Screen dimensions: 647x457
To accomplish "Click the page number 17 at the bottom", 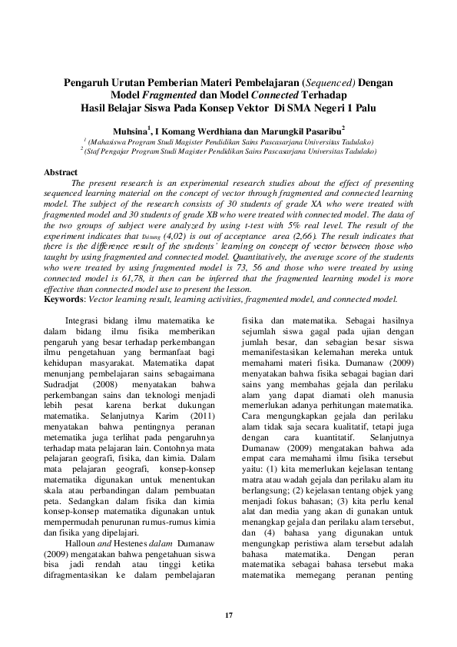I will [x=228, y=615].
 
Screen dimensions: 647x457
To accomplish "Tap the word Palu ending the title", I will [x=363, y=106].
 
